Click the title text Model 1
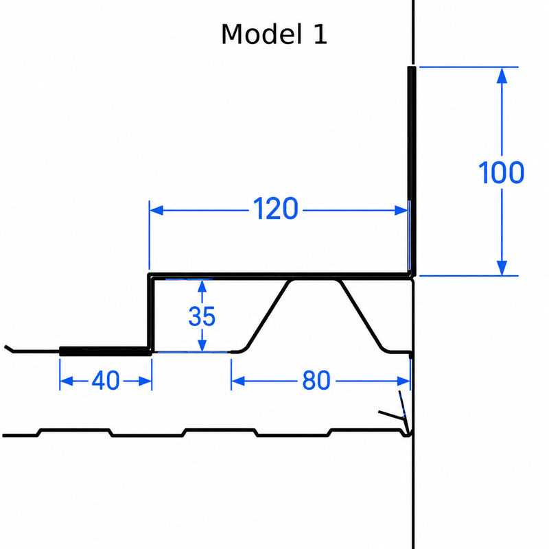click(274, 34)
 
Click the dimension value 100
click(501, 173)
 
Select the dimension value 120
click(276, 209)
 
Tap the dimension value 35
click(202, 316)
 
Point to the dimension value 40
click(106, 381)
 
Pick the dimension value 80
click(316, 381)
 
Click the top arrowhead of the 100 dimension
click(502, 75)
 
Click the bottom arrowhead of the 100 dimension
click(502, 268)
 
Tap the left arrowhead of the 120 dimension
click(156, 211)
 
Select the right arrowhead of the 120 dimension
click(401, 211)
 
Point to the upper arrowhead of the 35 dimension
click(202, 286)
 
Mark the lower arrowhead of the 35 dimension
click(202, 345)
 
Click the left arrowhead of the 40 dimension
click(67, 381)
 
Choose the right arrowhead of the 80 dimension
click(404, 381)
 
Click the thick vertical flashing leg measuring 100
click(412, 171)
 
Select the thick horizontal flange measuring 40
click(106, 351)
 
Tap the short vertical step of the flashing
click(150, 312)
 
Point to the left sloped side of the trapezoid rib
click(268, 315)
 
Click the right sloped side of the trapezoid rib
click(362, 315)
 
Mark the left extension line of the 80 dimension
click(231, 374)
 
